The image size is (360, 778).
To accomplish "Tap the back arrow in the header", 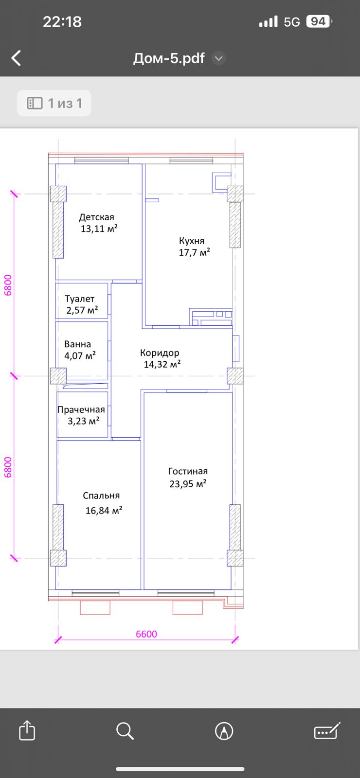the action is [x=16, y=58].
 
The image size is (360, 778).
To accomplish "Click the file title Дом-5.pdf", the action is [x=169, y=58].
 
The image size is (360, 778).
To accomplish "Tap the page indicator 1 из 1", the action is [x=54, y=103].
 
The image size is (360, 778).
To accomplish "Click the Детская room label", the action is [x=97, y=217].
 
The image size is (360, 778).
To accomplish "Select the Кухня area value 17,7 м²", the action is [x=194, y=252].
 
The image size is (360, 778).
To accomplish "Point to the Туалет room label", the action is [x=80, y=299].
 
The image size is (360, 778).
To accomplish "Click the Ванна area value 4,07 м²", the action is [x=80, y=355].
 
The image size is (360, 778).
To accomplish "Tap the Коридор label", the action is [x=160, y=353].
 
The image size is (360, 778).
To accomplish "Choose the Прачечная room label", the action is [x=81, y=409].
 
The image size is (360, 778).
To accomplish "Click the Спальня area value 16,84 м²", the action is [x=104, y=510].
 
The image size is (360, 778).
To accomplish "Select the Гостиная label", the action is [x=188, y=471].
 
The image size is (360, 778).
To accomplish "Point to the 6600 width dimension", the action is [x=146, y=634].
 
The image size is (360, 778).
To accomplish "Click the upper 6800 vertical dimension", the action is [x=8, y=285].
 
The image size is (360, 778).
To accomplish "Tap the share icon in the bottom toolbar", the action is [x=27, y=730].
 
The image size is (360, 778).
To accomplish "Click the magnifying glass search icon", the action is [x=125, y=730].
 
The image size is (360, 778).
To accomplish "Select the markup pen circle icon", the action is [x=224, y=731].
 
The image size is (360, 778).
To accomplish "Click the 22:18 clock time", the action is [x=62, y=21].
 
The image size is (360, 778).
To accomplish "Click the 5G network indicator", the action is [x=291, y=22].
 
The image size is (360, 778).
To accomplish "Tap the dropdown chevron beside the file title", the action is [x=218, y=58].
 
